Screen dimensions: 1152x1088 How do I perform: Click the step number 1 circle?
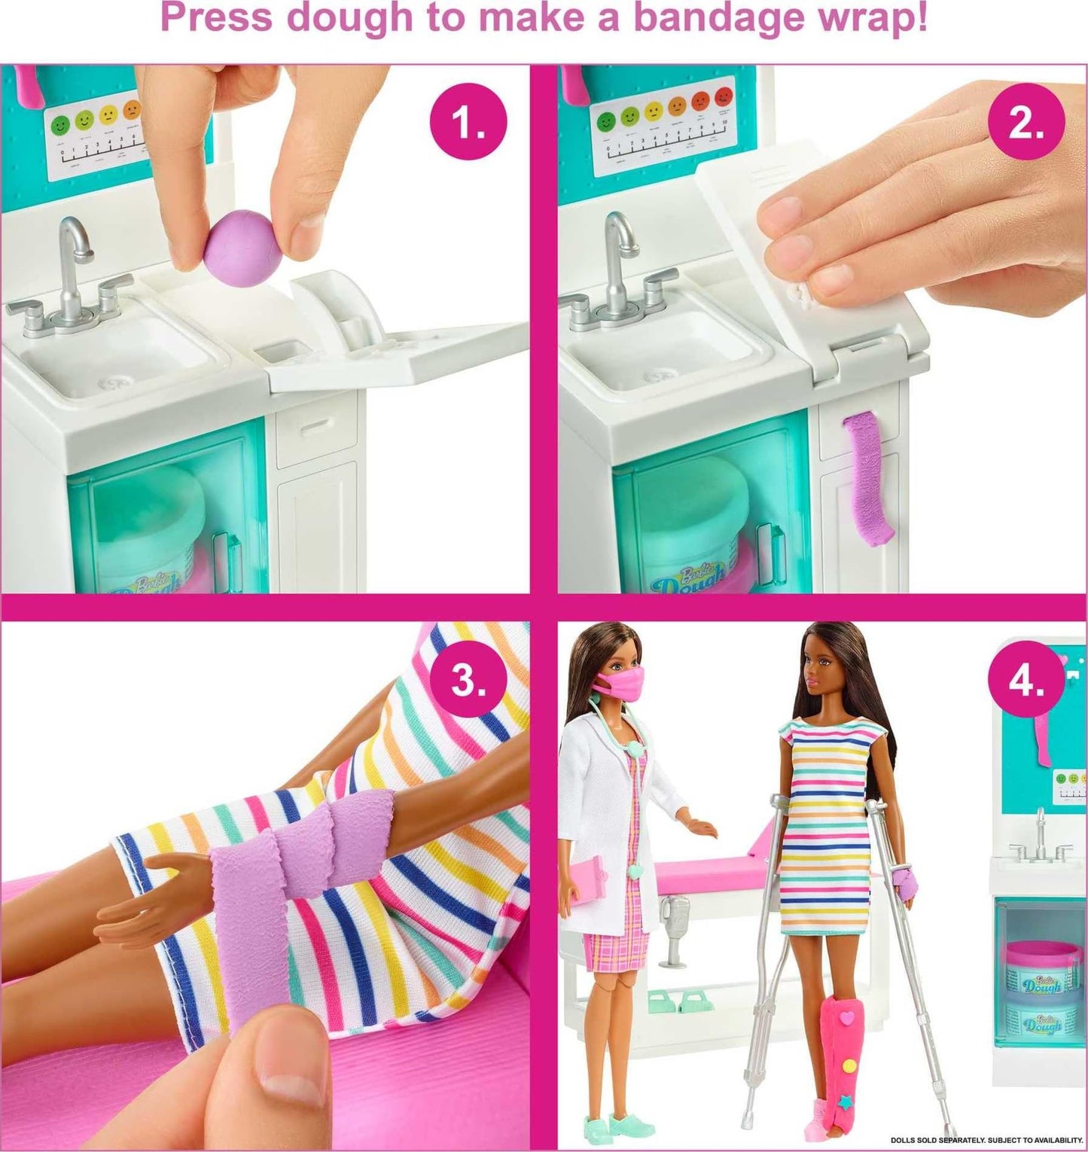point(468,123)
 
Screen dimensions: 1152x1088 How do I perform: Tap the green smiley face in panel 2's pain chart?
point(604,121)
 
